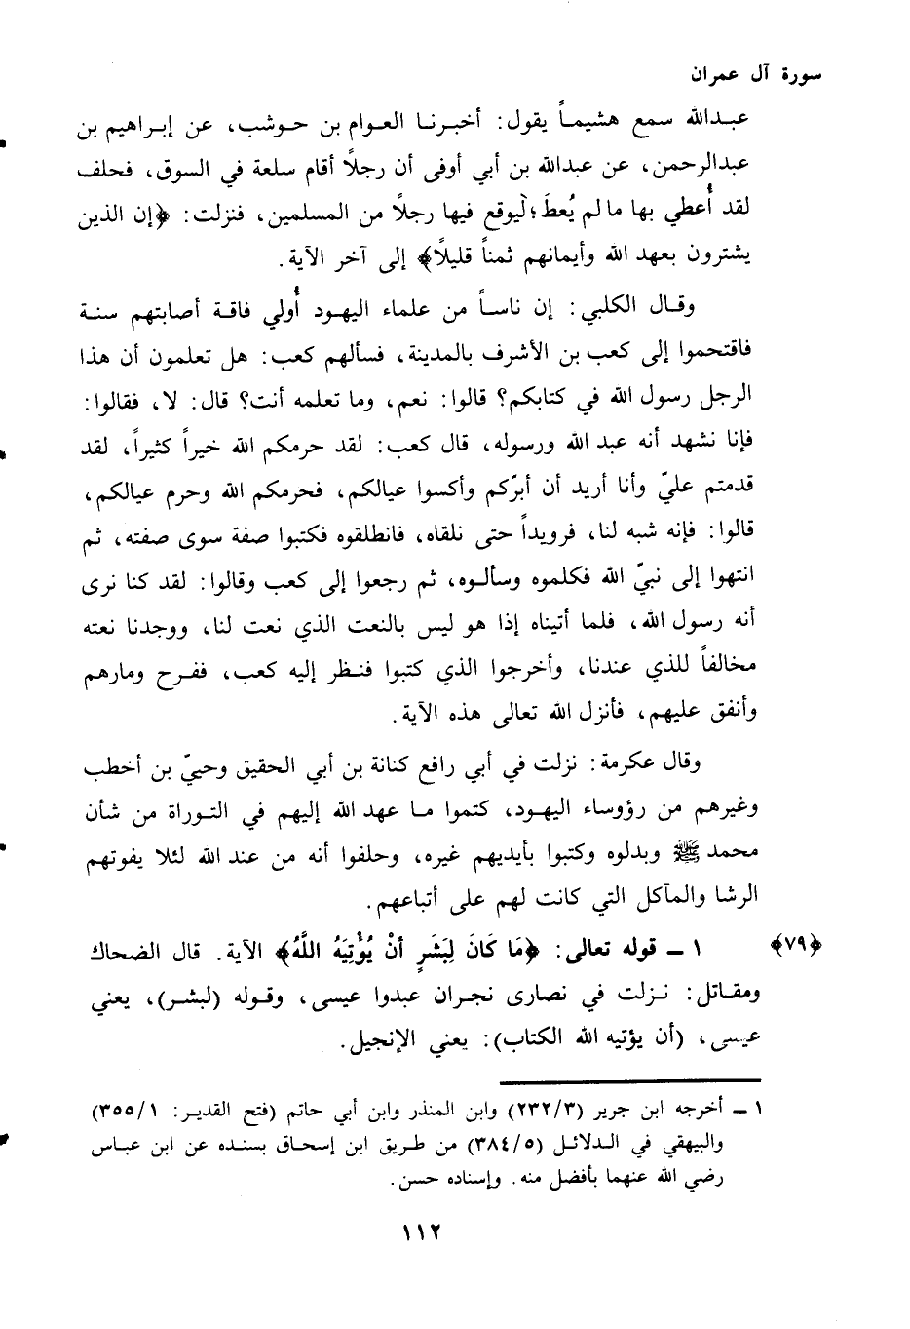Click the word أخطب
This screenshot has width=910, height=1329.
[x=105, y=763]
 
